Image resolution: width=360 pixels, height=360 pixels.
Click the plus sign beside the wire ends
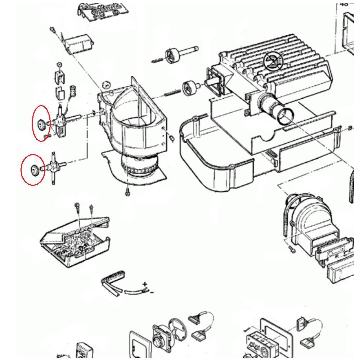pos(145,284)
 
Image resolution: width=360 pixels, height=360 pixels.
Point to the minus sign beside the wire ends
pos(152,292)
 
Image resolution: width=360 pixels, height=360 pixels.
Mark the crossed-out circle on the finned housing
pos(274,61)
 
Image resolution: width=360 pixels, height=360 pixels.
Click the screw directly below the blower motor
pos(127,193)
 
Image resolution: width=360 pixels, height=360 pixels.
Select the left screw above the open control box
pos(77,206)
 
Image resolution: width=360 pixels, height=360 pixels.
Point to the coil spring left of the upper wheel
pos(158,61)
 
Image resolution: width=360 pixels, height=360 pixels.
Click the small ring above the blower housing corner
pos(106,85)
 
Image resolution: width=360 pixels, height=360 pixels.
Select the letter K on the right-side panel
pos(337,256)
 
